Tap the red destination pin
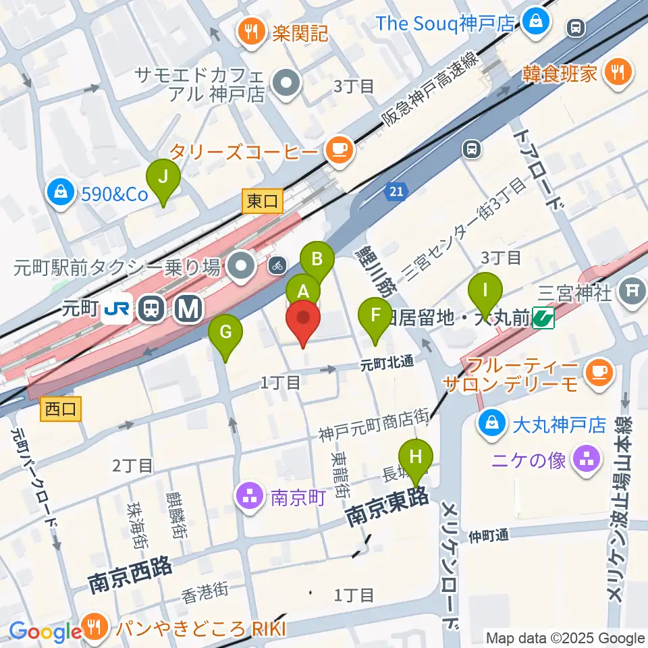pyautogui.click(x=303, y=323)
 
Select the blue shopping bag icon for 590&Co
pyautogui.click(x=61, y=194)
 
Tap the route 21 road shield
pyautogui.click(x=397, y=193)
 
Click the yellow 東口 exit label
pyautogui.click(x=262, y=200)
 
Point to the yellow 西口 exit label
pyautogui.click(x=61, y=408)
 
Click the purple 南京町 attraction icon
pyautogui.click(x=250, y=498)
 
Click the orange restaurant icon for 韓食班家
pyautogui.click(x=617, y=72)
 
